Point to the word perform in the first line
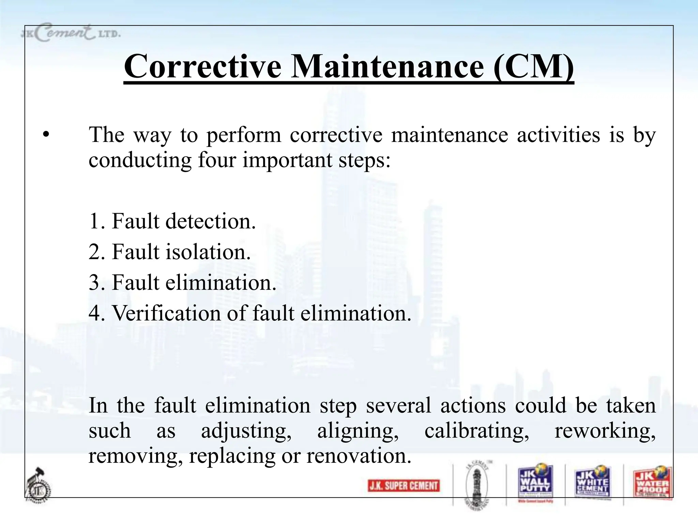click(244, 135)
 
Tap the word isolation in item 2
click(208, 252)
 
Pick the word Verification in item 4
click(166, 313)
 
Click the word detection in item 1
click(210, 221)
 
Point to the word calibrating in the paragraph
click(476, 431)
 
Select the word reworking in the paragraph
click(605, 431)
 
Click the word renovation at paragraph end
click(359, 456)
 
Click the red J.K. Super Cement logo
click(404, 486)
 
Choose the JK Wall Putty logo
click(535, 482)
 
